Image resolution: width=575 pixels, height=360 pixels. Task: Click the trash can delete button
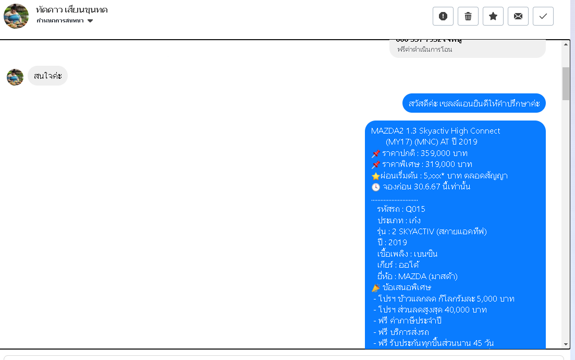[x=468, y=16]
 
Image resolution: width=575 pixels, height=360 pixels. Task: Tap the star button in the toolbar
[x=493, y=16]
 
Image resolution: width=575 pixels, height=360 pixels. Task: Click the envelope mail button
[x=518, y=16]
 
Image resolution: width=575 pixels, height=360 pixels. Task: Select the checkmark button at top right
[x=543, y=16]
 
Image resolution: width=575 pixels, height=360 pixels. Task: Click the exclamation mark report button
[x=443, y=16]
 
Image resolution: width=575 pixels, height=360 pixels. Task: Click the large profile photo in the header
[x=16, y=16]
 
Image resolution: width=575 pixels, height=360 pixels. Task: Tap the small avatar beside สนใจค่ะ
[x=15, y=77]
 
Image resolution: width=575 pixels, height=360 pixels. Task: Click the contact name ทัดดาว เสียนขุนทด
[x=72, y=10]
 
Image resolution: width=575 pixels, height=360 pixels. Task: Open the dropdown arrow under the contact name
[x=90, y=21]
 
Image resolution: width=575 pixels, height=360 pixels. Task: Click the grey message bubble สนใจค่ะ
[x=47, y=76]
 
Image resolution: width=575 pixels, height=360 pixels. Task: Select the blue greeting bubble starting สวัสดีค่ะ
[x=474, y=103]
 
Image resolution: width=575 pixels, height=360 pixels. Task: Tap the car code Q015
[x=415, y=209]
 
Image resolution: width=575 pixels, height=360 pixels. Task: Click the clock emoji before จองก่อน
[x=376, y=187]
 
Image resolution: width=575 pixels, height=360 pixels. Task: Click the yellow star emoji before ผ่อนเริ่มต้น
[x=375, y=176]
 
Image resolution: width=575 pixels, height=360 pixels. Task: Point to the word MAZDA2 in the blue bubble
[x=386, y=131]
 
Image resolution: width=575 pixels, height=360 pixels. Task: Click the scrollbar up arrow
[x=566, y=45]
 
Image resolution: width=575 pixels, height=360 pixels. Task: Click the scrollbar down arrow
[x=566, y=344]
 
